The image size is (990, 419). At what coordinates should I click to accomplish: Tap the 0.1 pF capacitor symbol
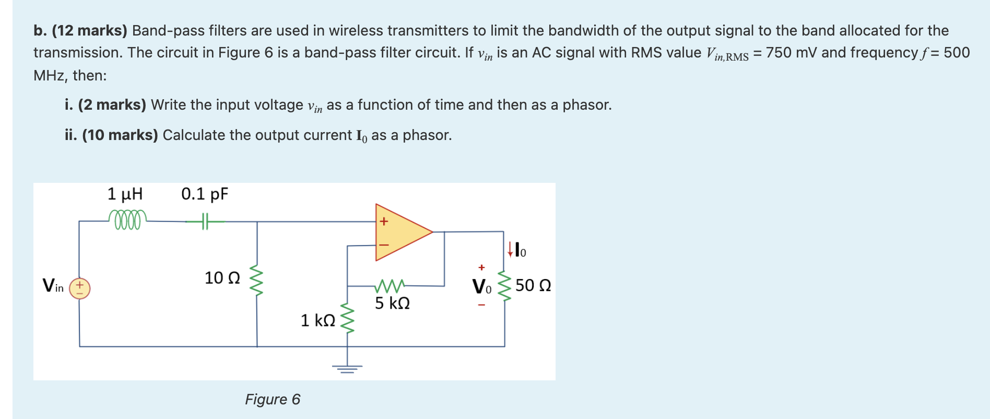(x=205, y=222)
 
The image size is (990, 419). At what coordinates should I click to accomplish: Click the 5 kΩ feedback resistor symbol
(x=390, y=286)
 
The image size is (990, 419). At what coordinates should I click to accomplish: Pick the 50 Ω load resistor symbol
(x=504, y=286)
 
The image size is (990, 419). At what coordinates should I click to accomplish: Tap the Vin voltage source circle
(x=80, y=288)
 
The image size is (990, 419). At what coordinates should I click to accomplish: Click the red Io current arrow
(x=510, y=249)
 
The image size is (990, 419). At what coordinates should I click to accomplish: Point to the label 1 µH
(x=125, y=194)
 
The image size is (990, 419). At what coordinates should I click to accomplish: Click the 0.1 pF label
(x=205, y=194)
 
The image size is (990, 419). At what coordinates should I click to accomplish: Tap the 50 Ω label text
(x=533, y=286)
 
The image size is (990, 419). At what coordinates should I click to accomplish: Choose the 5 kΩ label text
(x=392, y=303)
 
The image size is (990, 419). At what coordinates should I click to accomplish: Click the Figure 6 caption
(x=273, y=399)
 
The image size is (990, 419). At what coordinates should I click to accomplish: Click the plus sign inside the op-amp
(x=384, y=222)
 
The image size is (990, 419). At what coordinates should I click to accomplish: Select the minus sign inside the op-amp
(x=384, y=245)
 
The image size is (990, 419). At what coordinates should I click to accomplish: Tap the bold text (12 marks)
(x=89, y=31)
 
